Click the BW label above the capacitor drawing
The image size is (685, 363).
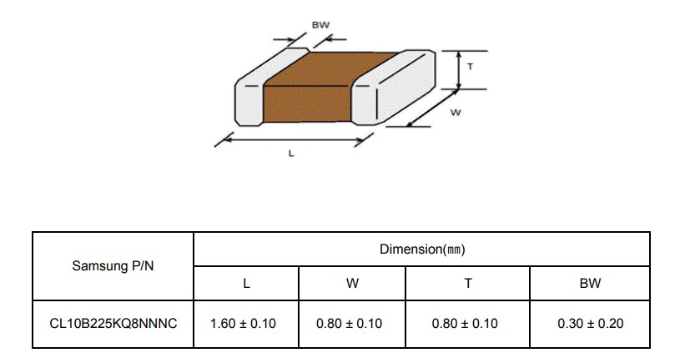320,25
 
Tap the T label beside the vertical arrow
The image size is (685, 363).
470,67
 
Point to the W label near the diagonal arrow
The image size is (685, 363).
456,113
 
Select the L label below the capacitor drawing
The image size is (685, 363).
291,154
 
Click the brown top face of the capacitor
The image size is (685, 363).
332,68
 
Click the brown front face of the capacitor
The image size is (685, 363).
308,104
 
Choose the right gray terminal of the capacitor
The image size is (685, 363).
394,88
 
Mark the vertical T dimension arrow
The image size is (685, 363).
458,70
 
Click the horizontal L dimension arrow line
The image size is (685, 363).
293,140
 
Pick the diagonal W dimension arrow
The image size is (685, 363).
432,108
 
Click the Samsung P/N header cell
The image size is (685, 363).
113,265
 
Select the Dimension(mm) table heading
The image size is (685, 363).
422,249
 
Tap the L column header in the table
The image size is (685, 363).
246,284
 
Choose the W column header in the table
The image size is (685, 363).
352,284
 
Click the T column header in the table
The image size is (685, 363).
468,284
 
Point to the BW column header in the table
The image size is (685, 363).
590,284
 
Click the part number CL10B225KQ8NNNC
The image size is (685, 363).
113,324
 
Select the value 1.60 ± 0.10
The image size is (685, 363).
243,324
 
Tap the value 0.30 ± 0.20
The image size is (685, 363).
590,324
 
